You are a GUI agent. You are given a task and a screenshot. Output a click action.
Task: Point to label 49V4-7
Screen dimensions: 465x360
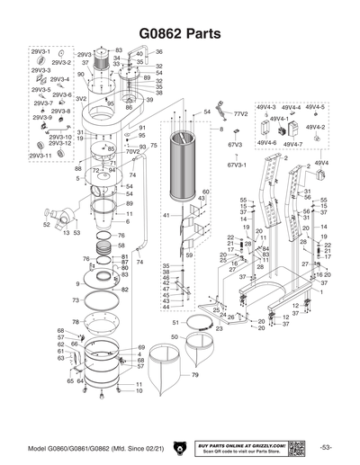tap(292, 144)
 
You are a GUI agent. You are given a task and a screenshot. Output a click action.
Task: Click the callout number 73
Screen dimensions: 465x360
tap(77, 300)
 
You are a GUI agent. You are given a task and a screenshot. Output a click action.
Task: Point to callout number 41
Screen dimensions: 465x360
tap(166, 216)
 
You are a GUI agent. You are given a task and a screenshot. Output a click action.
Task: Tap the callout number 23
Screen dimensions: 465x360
tap(219, 329)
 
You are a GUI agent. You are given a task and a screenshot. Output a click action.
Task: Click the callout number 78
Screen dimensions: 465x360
tap(76, 321)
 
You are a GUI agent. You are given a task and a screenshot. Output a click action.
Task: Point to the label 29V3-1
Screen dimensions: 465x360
tap(41, 53)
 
